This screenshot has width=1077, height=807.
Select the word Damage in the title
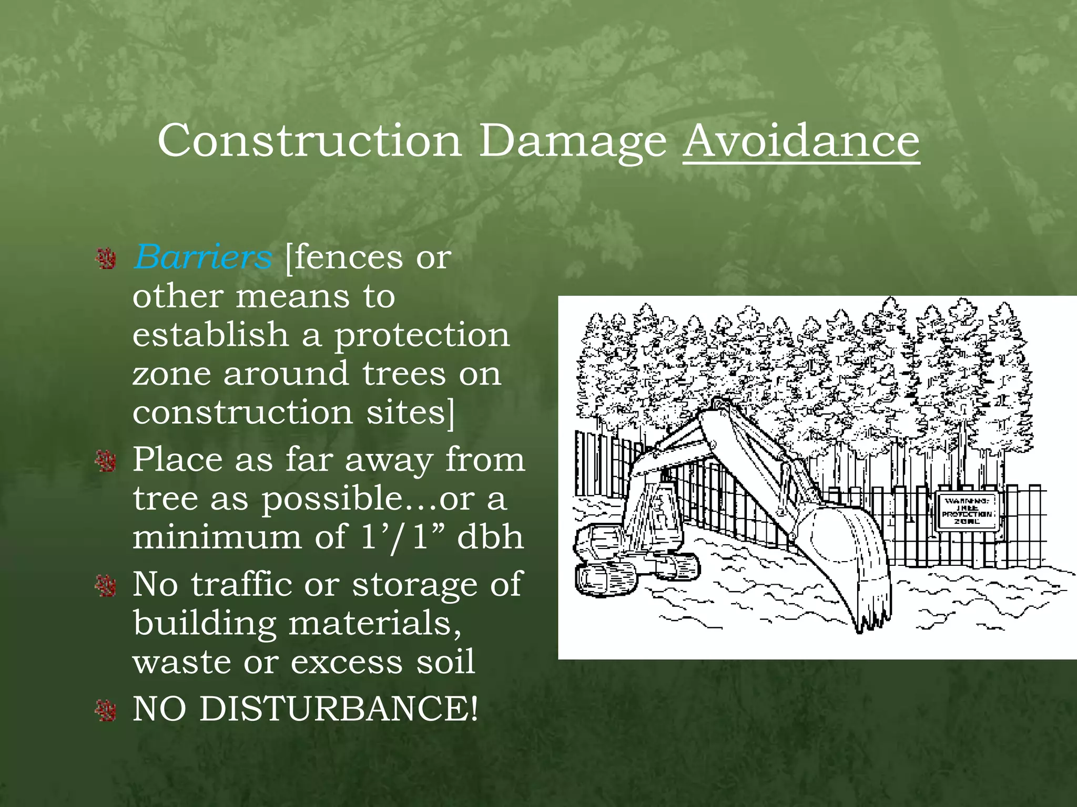pyautogui.click(x=572, y=142)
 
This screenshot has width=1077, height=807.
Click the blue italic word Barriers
pyautogui.click(x=202, y=257)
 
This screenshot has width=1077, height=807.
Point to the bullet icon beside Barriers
pyautogui.click(x=106, y=259)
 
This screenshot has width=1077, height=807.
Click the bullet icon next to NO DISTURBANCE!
pyautogui.click(x=106, y=710)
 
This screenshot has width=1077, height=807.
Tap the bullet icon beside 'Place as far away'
pyautogui.click(x=106, y=461)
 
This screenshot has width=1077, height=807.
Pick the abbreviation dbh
pyautogui.click(x=490, y=537)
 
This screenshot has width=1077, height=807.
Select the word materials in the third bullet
pyautogui.click(x=374, y=623)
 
